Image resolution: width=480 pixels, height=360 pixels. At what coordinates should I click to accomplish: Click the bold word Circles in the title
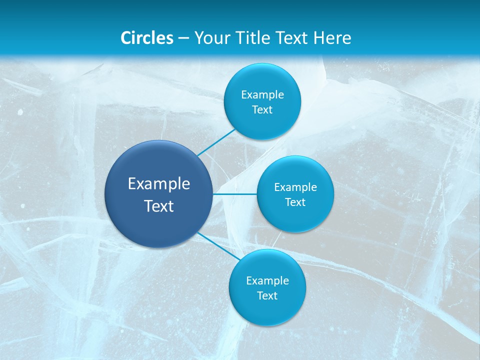pyautogui.click(x=147, y=38)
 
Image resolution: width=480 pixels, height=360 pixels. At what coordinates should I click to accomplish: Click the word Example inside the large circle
pyautogui.click(x=159, y=184)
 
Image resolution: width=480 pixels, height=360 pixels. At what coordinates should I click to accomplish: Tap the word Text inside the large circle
pyautogui.click(x=159, y=206)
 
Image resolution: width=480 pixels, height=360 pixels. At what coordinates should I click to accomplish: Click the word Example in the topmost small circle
pyautogui.click(x=262, y=95)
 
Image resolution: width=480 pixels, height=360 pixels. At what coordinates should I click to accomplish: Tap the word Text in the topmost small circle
pyautogui.click(x=262, y=110)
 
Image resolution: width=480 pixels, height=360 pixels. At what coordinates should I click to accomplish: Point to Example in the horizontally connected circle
pyautogui.click(x=295, y=187)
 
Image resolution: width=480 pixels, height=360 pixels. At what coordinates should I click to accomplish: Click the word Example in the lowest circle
pyautogui.click(x=267, y=281)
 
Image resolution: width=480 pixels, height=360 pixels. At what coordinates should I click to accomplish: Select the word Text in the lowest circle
pyautogui.click(x=267, y=296)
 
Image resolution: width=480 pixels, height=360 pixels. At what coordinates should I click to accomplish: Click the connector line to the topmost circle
pyautogui.click(x=216, y=142)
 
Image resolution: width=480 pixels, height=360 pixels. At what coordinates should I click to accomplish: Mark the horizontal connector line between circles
pyautogui.click(x=235, y=194)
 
